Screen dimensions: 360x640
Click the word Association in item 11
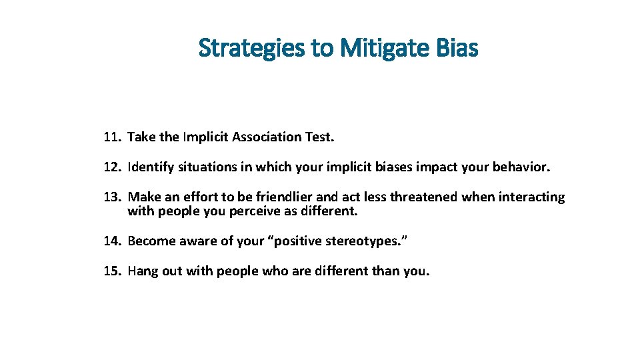click(x=268, y=137)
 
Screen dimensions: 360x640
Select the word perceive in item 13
click(x=241, y=212)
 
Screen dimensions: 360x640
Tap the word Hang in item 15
click(x=141, y=271)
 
